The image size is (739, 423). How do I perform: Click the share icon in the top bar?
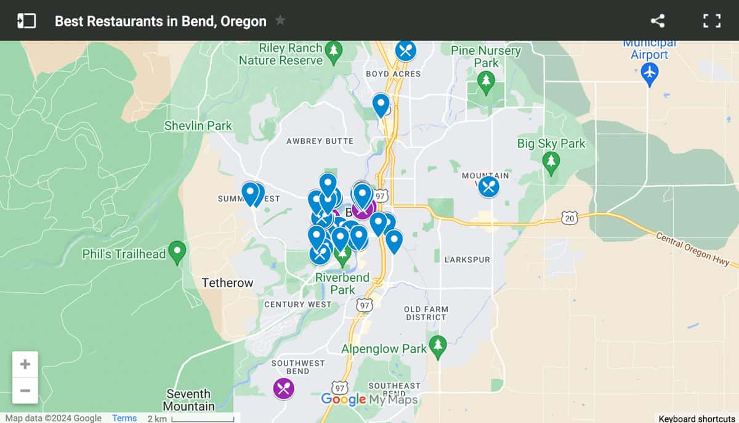point(658,21)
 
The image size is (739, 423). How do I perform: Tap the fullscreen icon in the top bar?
point(711,21)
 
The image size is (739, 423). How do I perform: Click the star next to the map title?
point(280,20)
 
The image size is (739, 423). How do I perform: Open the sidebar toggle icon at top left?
point(26,21)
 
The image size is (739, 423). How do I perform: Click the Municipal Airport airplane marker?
point(649,75)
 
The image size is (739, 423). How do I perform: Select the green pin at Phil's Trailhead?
point(177,252)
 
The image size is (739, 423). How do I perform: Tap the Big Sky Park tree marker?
point(551,163)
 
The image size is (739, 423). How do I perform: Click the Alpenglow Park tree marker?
point(438,347)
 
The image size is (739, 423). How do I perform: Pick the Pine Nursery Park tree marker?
point(486,83)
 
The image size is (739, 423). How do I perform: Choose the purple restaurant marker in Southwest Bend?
point(284,388)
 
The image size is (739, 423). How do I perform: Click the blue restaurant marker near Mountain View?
point(488,187)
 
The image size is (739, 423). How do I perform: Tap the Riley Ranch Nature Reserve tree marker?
point(333,52)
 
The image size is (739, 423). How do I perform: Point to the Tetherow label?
point(227,283)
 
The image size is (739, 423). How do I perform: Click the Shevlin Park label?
point(198,126)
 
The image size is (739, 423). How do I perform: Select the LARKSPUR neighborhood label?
point(467,260)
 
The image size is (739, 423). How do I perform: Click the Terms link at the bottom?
point(124,418)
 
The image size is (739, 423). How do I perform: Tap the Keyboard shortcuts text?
point(696,419)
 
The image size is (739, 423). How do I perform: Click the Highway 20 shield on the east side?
point(569,217)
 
